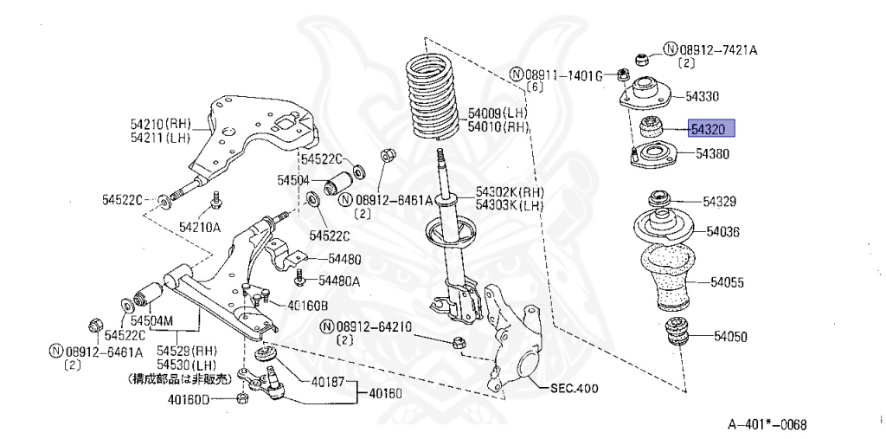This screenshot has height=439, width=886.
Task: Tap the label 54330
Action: click(x=702, y=96)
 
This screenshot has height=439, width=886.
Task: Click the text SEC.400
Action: click(x=574, y=389)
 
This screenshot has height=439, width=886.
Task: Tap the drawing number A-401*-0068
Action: click(x=767, y=424)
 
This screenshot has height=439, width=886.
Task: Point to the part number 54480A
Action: click(x=338, y=280)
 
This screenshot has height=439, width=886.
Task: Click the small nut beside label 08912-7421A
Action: click(x=643, y=58)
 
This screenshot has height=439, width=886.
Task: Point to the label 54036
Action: click(x=722, y=231)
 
